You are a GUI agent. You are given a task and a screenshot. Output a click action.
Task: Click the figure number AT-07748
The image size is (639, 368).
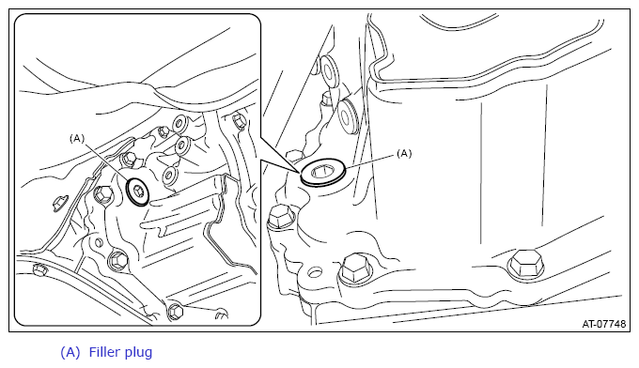[603, 324]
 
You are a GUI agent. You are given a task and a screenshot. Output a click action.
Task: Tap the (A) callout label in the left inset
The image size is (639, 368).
[77, 138]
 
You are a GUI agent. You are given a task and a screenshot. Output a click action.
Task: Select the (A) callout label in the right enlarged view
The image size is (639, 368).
[404, 153]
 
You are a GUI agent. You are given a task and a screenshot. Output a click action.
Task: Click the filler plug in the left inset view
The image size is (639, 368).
[137, 191]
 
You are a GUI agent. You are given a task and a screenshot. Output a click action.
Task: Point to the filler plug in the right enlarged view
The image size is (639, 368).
[323, 174]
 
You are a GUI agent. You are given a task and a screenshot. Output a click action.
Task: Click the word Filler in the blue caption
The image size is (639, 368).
[103, 352]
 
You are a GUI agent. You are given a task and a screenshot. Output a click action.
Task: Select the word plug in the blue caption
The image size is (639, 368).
[138, 353]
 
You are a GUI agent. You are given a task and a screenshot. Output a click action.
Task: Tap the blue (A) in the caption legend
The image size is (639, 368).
[70, 352]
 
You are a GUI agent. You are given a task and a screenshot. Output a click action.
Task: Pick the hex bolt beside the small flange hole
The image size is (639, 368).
[356, 269]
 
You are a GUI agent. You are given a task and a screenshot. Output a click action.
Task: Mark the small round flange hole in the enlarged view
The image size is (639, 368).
[314, 272]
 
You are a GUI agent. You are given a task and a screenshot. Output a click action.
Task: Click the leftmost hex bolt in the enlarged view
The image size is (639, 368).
[281, 218]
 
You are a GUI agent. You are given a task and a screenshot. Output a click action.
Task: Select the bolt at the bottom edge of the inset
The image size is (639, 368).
[175, 312]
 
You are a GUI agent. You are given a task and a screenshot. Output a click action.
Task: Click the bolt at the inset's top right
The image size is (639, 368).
[239, 120]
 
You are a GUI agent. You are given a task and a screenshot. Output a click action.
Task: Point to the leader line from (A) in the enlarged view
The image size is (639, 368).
[369, 161]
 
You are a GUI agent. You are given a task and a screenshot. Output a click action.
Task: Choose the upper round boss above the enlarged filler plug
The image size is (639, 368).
[330, 71]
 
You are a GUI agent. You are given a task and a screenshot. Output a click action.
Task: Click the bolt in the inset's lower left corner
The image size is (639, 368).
[39, 269]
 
